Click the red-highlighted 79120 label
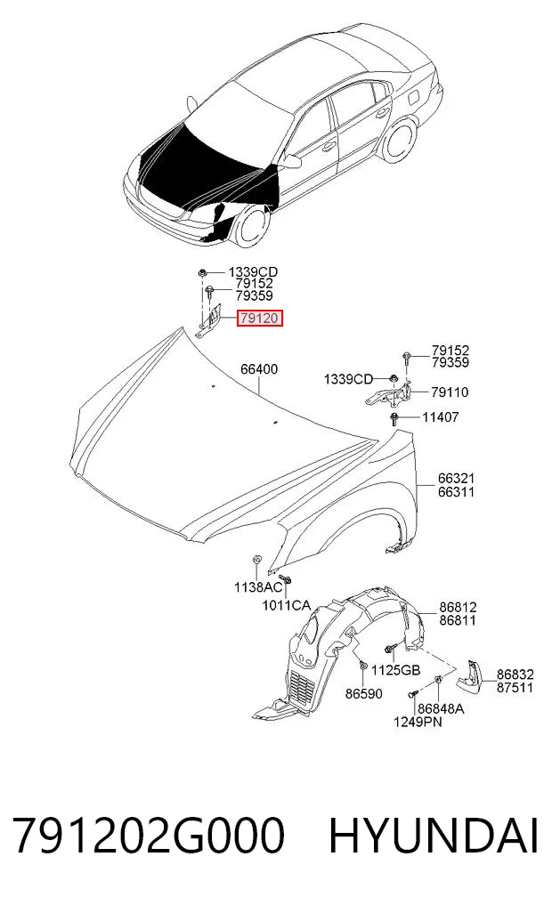259,318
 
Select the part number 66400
259,368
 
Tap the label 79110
450,392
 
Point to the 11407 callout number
441,416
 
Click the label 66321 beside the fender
456,479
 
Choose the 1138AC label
258,587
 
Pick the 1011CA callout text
287,605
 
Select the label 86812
458,607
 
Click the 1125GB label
395,670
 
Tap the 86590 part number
364,694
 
